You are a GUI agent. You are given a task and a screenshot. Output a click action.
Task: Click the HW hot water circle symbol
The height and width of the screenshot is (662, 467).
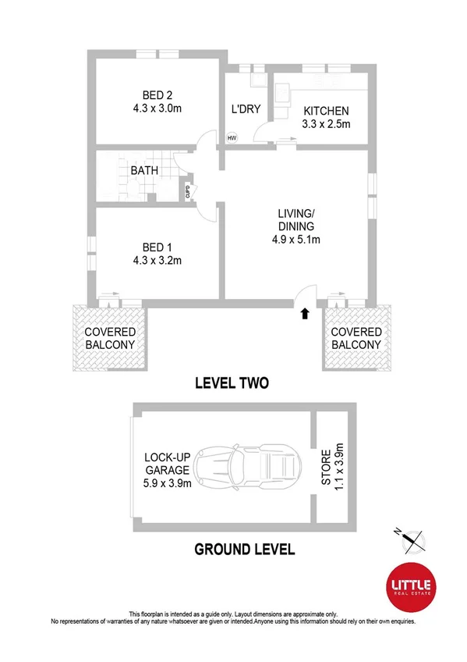click(232, 138)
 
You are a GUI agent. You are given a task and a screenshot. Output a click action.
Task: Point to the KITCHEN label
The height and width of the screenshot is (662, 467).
click(326, 111)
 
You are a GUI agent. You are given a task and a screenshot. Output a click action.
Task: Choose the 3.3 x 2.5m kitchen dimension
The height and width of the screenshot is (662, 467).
click(326, 123)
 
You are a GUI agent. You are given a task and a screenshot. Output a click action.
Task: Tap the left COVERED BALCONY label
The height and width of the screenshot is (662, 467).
click(110, 338)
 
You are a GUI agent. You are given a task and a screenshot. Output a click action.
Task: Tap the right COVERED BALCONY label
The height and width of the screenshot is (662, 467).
click(356, 338)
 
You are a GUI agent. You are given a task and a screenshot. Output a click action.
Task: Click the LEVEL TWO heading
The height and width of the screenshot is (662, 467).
click(233, 383)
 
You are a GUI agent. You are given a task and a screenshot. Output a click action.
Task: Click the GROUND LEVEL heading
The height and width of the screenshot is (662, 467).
click(244, 550)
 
